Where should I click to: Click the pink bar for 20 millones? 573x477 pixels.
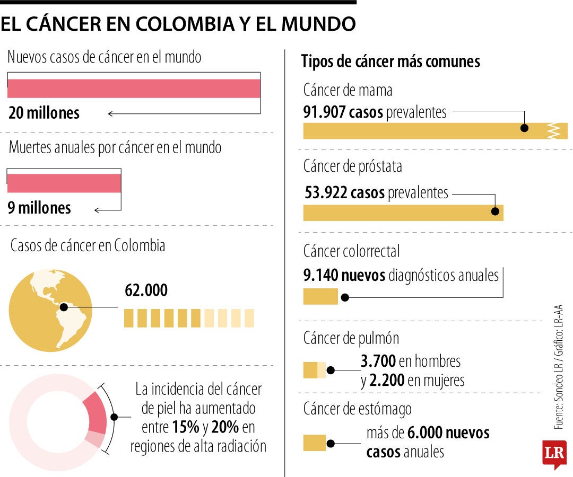134,89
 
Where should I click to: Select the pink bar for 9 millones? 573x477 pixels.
64,183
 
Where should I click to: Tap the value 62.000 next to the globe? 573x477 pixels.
146,290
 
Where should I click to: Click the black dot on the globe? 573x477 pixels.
64,307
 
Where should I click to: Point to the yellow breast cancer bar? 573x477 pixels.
424,131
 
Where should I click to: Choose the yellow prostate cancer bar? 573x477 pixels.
403,213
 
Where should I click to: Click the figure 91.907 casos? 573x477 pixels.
343,112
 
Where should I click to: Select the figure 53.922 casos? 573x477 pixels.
345,193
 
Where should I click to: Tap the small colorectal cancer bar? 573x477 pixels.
320,296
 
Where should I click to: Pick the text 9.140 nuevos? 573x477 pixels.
344,276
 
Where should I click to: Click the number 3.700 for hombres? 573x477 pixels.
378,361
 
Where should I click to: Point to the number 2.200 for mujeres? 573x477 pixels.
387,380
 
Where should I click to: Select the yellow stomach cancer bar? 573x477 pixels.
315,443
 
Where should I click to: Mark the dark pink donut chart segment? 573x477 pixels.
96,413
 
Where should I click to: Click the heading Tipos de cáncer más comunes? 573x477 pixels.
390,61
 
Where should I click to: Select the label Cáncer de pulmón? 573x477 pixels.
351,338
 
